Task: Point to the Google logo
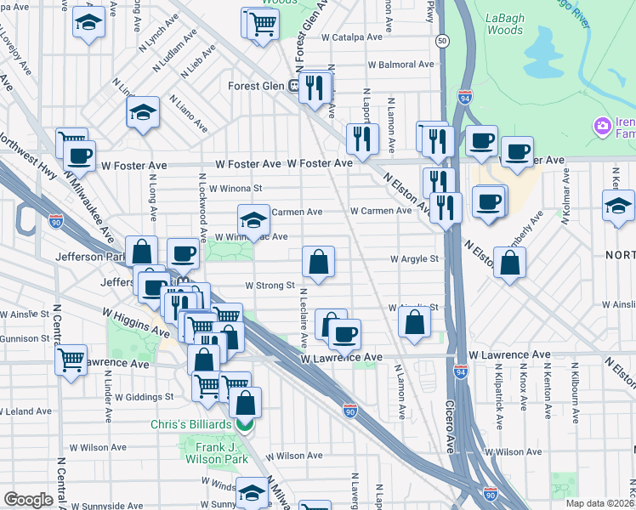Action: pos(28,500)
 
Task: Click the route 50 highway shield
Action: pos(442,40)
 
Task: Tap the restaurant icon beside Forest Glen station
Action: pos(316,87)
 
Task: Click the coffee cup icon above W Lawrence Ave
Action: pos(344,335)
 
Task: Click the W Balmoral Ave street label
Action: pos(400,65)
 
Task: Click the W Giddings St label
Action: pos(145,396)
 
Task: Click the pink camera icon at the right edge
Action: pos(603,126)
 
